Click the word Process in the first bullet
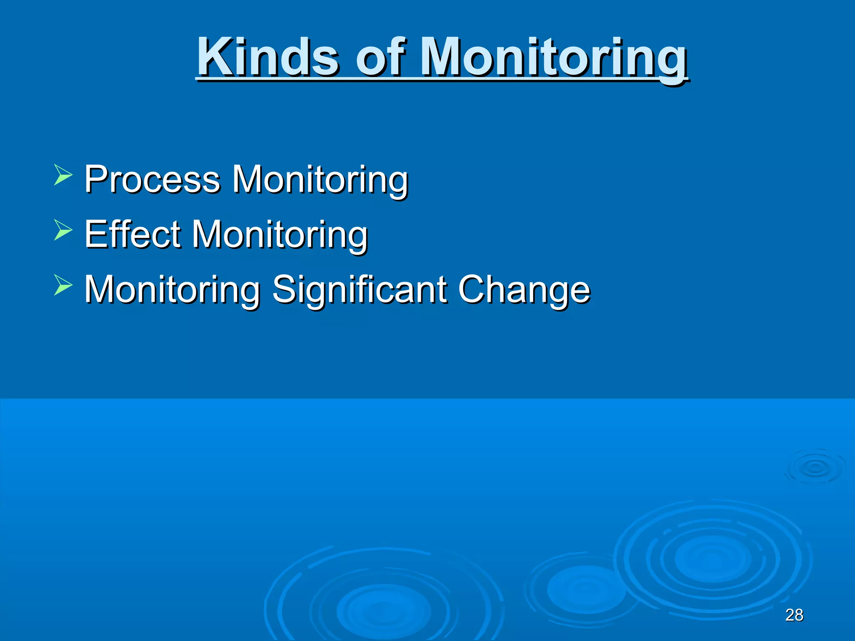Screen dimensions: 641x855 point(152,179)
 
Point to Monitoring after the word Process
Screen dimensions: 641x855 point(320,179)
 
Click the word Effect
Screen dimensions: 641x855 point(132,235)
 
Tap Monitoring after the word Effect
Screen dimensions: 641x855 point(280,235)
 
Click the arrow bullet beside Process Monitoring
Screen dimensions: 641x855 point(63,175)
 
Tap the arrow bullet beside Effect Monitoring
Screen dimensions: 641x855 point(63,230)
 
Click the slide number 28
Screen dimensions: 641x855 point(794,615)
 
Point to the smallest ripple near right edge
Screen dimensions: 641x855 point(815,467)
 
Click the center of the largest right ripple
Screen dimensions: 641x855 point(712,559)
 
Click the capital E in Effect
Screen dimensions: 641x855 point(95,235)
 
